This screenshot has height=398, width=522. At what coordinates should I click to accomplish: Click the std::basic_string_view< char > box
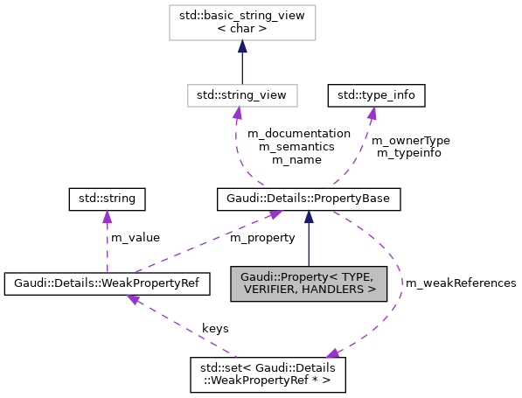242,21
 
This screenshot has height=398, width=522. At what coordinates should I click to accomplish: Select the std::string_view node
242,93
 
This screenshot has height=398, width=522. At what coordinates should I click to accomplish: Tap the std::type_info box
371,93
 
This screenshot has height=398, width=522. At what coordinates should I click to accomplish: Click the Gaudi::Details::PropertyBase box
309,200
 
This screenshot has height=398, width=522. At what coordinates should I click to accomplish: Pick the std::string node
107,200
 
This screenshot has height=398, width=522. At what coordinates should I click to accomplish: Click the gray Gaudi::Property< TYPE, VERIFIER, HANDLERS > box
309,283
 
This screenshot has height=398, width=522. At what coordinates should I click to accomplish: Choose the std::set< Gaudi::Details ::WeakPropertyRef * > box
268,374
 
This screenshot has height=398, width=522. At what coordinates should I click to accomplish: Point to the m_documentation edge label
299,134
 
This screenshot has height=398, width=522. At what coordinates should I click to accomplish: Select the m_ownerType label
410,140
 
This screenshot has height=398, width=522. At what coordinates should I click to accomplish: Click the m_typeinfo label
408,153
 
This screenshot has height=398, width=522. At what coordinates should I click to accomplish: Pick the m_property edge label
262,238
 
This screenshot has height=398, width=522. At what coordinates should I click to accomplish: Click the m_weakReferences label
459,283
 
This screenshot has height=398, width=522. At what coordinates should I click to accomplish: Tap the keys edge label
215,328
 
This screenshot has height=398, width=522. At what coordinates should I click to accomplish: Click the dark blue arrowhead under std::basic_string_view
242,45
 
